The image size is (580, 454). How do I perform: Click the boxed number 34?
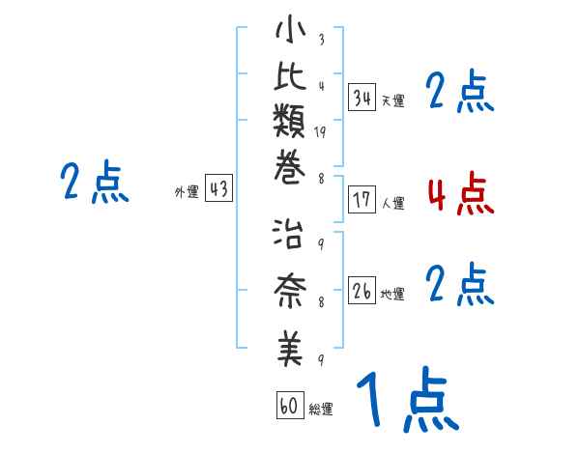(362, 97)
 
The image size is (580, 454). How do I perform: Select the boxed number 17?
(362, 201)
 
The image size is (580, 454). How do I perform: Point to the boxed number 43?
(218, 190)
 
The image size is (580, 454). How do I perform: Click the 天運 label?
(393, 100)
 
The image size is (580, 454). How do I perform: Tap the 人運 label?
(393, 204)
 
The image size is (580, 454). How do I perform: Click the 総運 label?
(321, 410)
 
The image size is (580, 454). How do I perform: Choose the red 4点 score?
(460, 194)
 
